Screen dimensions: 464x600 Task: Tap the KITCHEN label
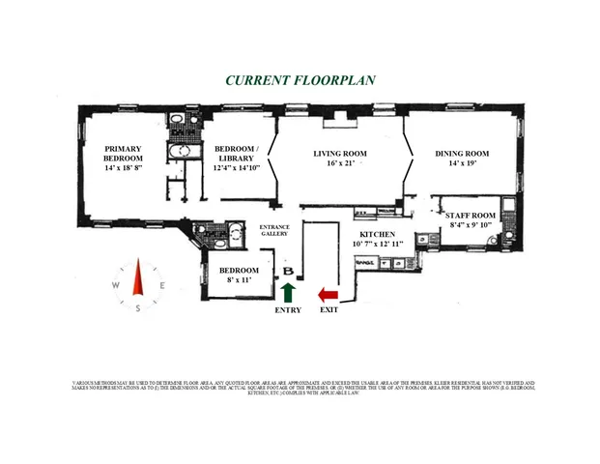[378, 235]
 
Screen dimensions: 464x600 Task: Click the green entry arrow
[287, 292]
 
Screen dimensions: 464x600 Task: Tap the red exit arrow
[329, 293]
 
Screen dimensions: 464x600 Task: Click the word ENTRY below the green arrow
[288, 310]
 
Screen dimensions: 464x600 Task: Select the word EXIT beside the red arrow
[329, 310]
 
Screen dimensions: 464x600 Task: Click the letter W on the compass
[115, 285]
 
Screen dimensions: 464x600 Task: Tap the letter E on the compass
[162, 285]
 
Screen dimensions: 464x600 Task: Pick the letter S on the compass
[138, 308]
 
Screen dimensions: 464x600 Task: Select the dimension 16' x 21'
[344, 163]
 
